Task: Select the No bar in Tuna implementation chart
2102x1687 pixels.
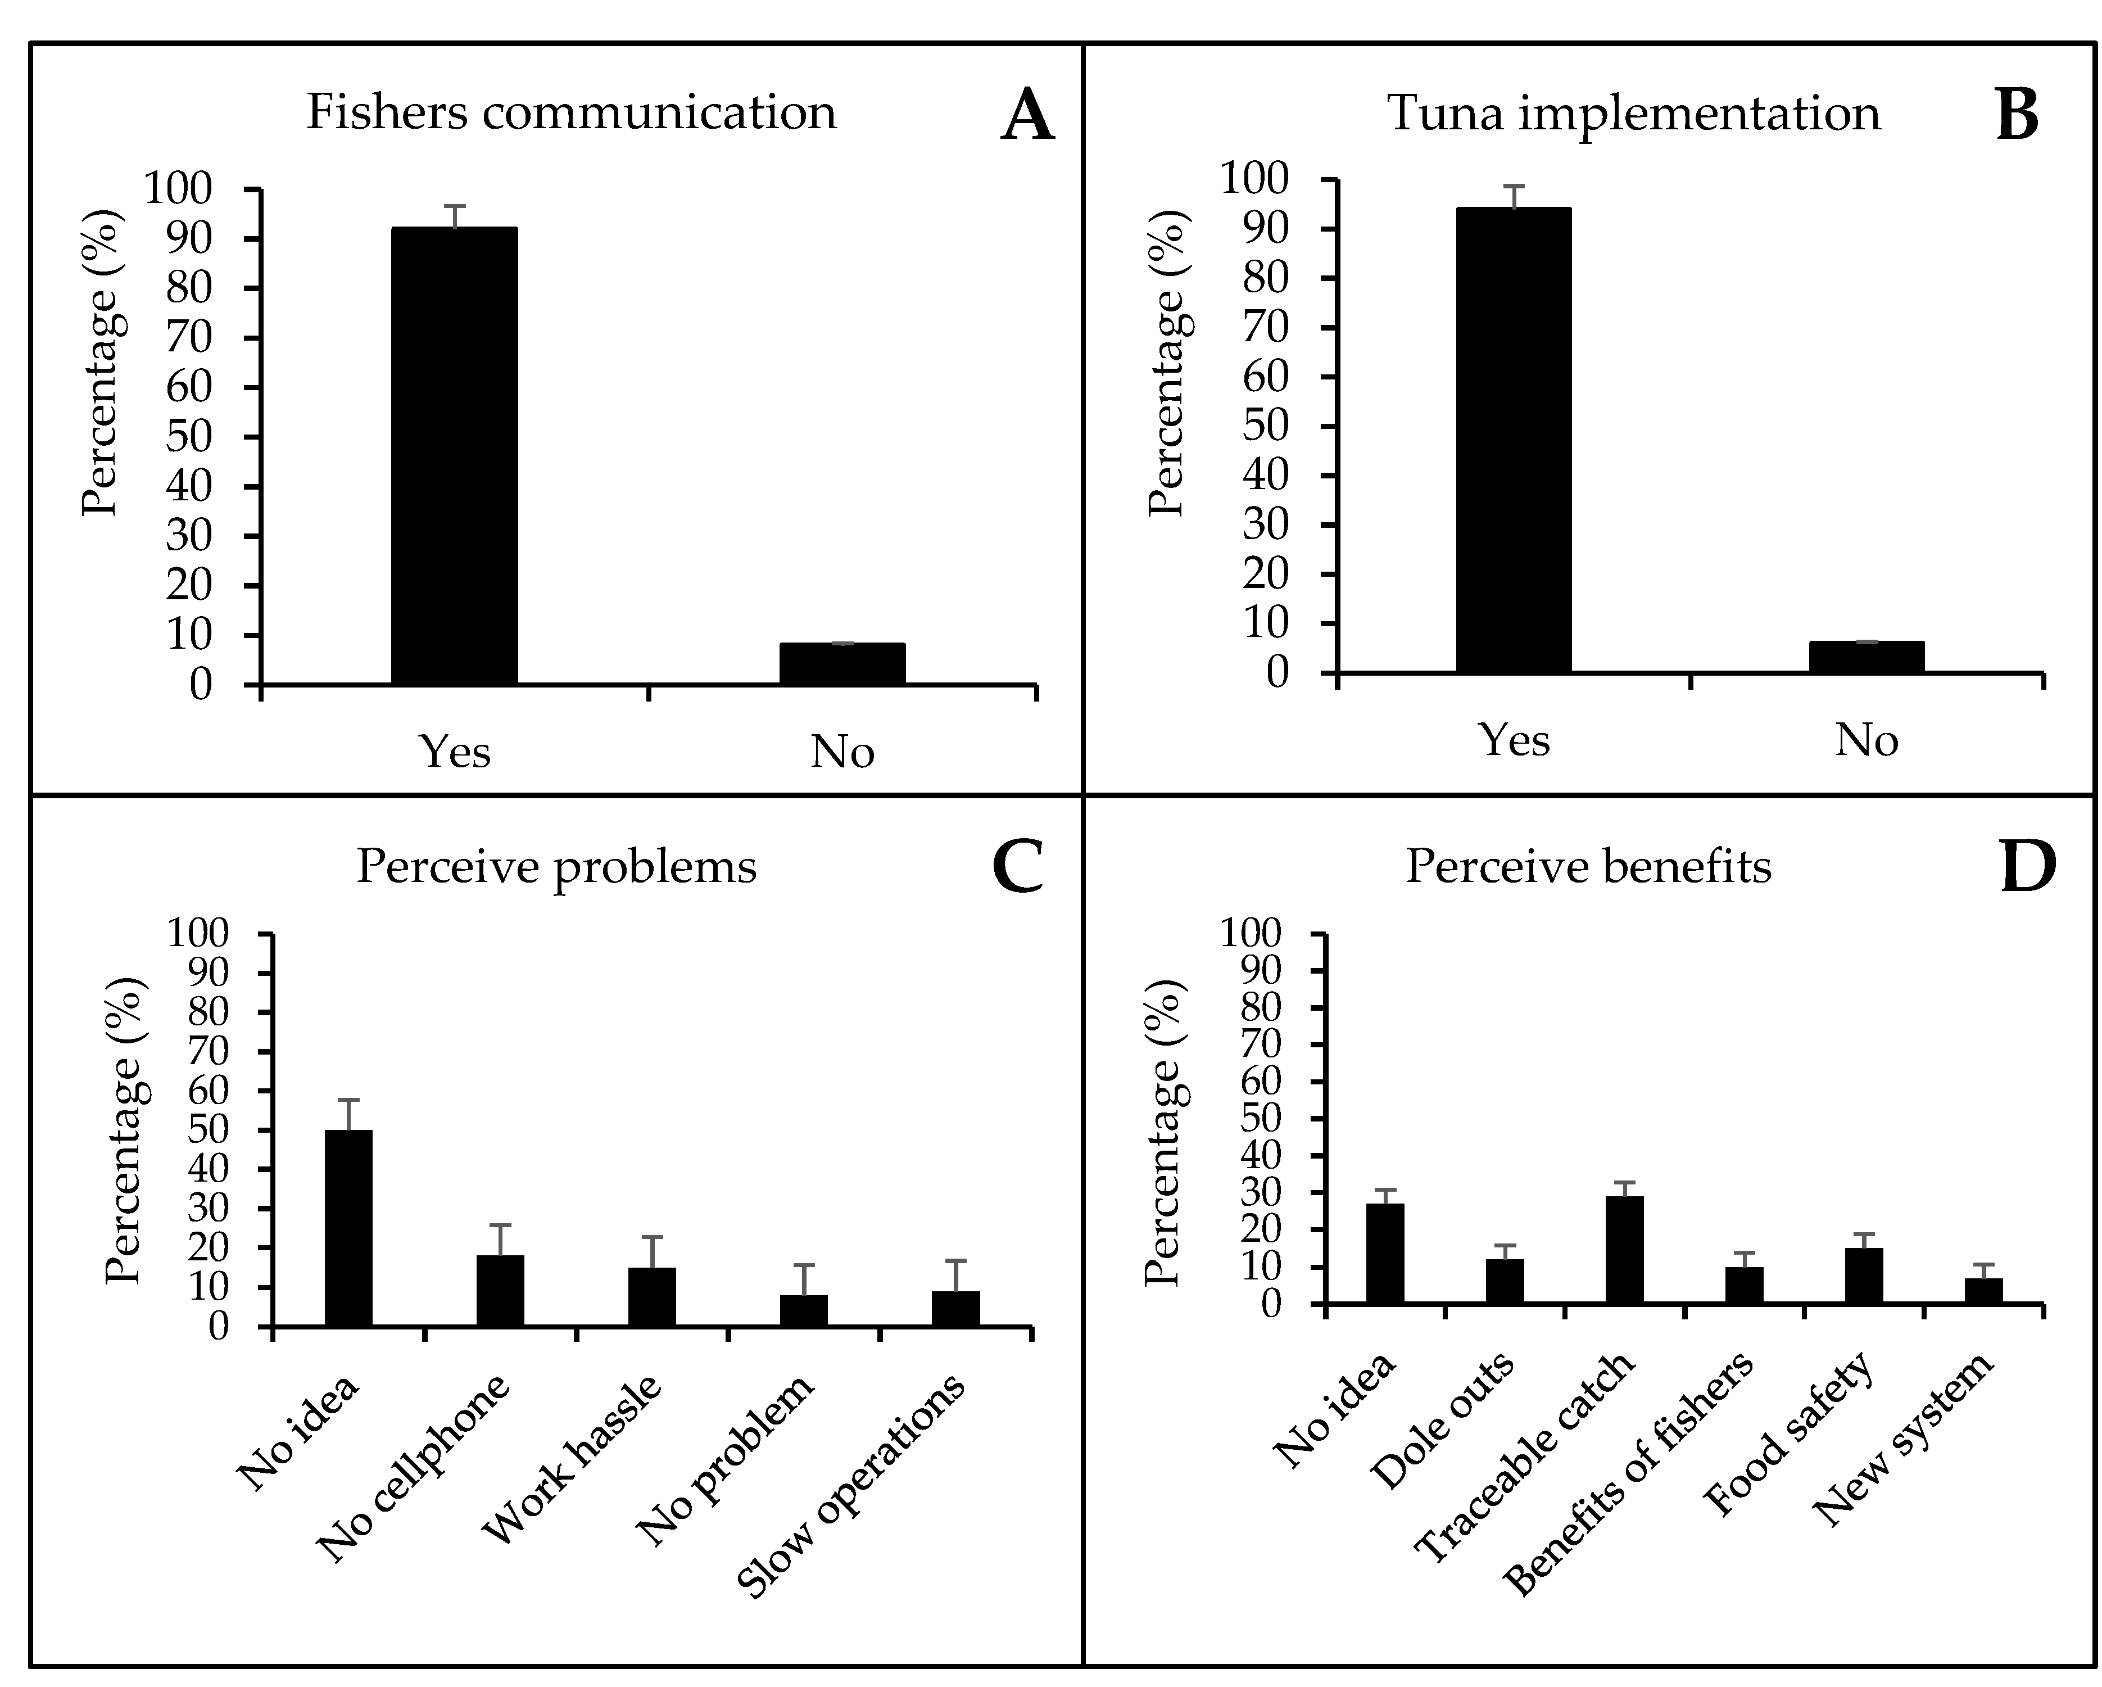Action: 1866,657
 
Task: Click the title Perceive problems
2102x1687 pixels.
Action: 556,866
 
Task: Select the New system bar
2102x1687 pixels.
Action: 1983,1290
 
